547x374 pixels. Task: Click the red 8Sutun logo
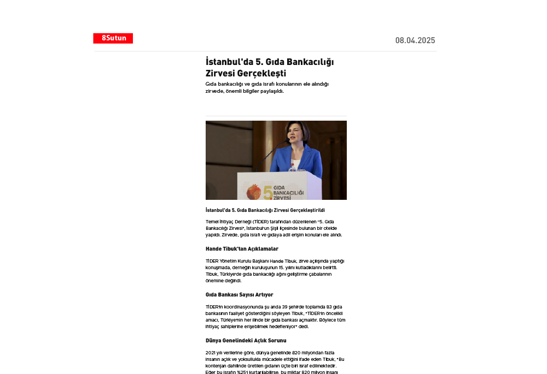pos(113,38)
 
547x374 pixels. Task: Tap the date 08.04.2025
pos(415,40)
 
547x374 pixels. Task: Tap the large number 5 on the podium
pos(267,192)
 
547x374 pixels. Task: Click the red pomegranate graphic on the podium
pos(254,193)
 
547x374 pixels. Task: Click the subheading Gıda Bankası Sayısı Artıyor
pos(239,295)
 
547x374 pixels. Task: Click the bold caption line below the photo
pos(265,210)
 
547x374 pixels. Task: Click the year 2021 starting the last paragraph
pos(211,353)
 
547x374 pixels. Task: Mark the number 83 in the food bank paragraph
pos(329,307)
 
